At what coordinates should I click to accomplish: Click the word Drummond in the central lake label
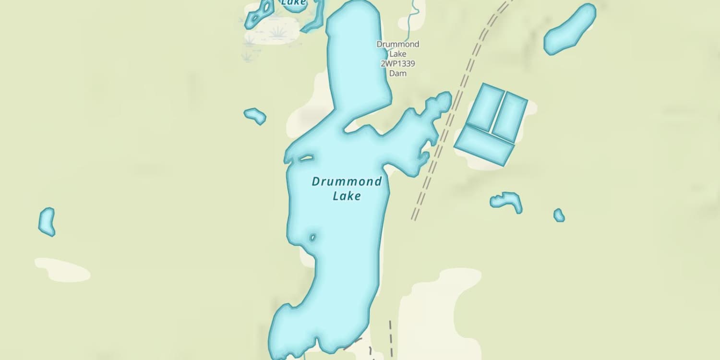coord(347,181)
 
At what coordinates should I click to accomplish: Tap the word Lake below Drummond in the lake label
coord(347,196)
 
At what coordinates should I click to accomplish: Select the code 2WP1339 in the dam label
coord(397,63)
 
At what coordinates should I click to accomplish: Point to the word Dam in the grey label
coord(397,73)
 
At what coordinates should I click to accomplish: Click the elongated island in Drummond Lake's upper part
coord(306,158)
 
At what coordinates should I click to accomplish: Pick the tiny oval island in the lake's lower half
coord(312,237)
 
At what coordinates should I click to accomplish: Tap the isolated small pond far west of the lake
coord(47,222)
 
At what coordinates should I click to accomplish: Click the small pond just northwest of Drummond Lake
coord(255,115)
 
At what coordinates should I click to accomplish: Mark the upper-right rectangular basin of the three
coord(510,116)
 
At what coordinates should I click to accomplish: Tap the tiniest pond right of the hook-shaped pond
coord(559,215)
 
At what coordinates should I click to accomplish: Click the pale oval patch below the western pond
coord(62,270)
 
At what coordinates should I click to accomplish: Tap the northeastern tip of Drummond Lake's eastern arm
coord(445,98)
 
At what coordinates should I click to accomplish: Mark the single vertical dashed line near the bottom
coord(391,338)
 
